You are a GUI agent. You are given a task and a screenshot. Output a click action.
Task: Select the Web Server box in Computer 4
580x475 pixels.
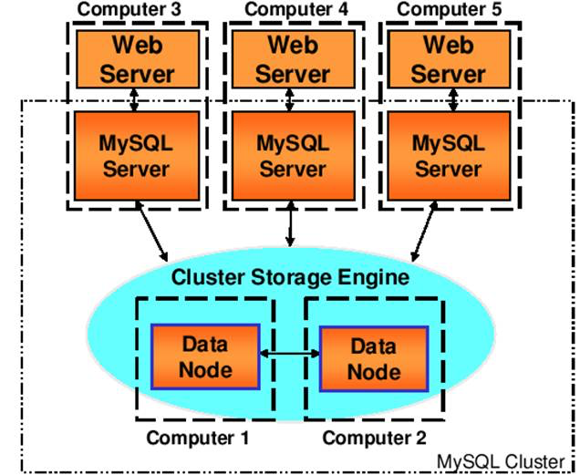point(291,58)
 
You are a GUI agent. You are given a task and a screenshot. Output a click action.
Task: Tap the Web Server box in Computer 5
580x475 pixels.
point(447,58)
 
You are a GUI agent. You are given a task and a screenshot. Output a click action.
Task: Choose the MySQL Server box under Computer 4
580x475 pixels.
point(291,155)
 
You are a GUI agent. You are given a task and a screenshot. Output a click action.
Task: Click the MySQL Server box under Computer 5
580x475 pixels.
point(447,155)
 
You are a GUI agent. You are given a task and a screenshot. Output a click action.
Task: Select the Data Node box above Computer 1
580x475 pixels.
point(207,356)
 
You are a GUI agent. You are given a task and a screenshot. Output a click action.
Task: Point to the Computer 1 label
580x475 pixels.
point(198,438)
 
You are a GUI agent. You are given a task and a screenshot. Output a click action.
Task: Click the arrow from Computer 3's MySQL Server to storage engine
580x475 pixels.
point(152,232)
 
